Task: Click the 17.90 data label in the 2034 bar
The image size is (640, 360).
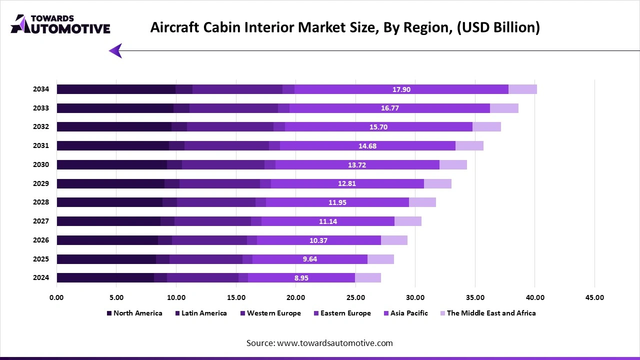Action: coord(401,89)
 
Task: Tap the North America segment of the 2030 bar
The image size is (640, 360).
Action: coord(111,165)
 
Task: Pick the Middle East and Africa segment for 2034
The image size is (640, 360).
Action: coord(522,89)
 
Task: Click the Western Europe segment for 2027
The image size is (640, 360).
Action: coord(212,221)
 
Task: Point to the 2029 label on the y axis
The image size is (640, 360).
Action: coord(41,183)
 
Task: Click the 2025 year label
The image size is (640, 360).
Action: coord(41,259)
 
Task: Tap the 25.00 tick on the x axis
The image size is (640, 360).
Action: coord(355,297)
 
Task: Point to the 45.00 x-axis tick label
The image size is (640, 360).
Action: coord(594,297)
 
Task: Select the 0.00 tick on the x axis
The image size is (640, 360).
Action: coord(56,297)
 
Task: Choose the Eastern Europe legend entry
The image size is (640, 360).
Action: coord(345,313)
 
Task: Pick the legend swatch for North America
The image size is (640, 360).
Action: coord(109,313)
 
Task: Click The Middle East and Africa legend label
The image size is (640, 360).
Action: coord(491,313)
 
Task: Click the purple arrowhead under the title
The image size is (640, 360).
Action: coord(115,50)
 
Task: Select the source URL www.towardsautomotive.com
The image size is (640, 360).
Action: coord(334,343)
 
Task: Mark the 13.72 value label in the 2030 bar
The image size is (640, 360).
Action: coord(358,165)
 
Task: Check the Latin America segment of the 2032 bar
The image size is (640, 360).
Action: coord(179,127)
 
